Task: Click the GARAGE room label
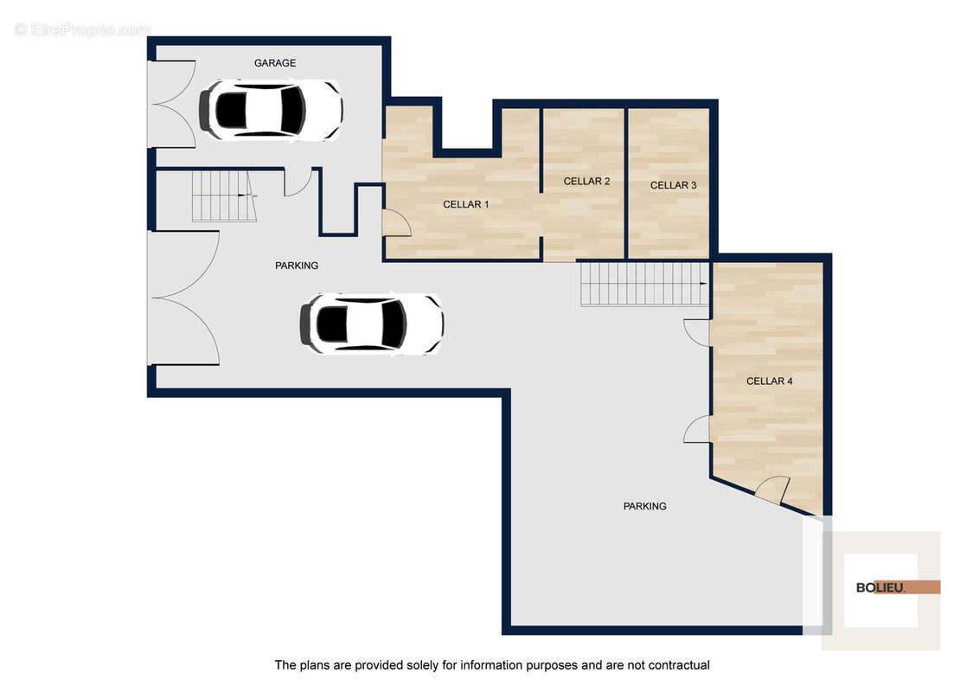pyautogui.click(x=275, y=63)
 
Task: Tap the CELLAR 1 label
pyautogui.click(x=466, y=204)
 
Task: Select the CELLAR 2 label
pyautogui.click(x=586, y=181)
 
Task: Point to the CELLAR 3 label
pyautogui.click(x=673, y=185)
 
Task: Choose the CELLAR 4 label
pyautogui.click(x=769, y=381)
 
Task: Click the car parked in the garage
pyautogui.click(x=271, y=110)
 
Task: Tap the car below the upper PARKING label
pyautogui.click(x=372, y=324)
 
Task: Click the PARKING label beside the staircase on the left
pyautogui.click(x=297, y=266)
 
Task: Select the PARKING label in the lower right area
pyautogui.click(x=645, y=507)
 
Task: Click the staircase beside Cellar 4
pyautogui.click(x=645, y=285)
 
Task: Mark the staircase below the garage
pyautogui.click(x=224, y=196)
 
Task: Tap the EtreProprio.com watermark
pyautogui.click(x=82, y=29)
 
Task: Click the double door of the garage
pyautogui.click(x=172, y=105)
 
